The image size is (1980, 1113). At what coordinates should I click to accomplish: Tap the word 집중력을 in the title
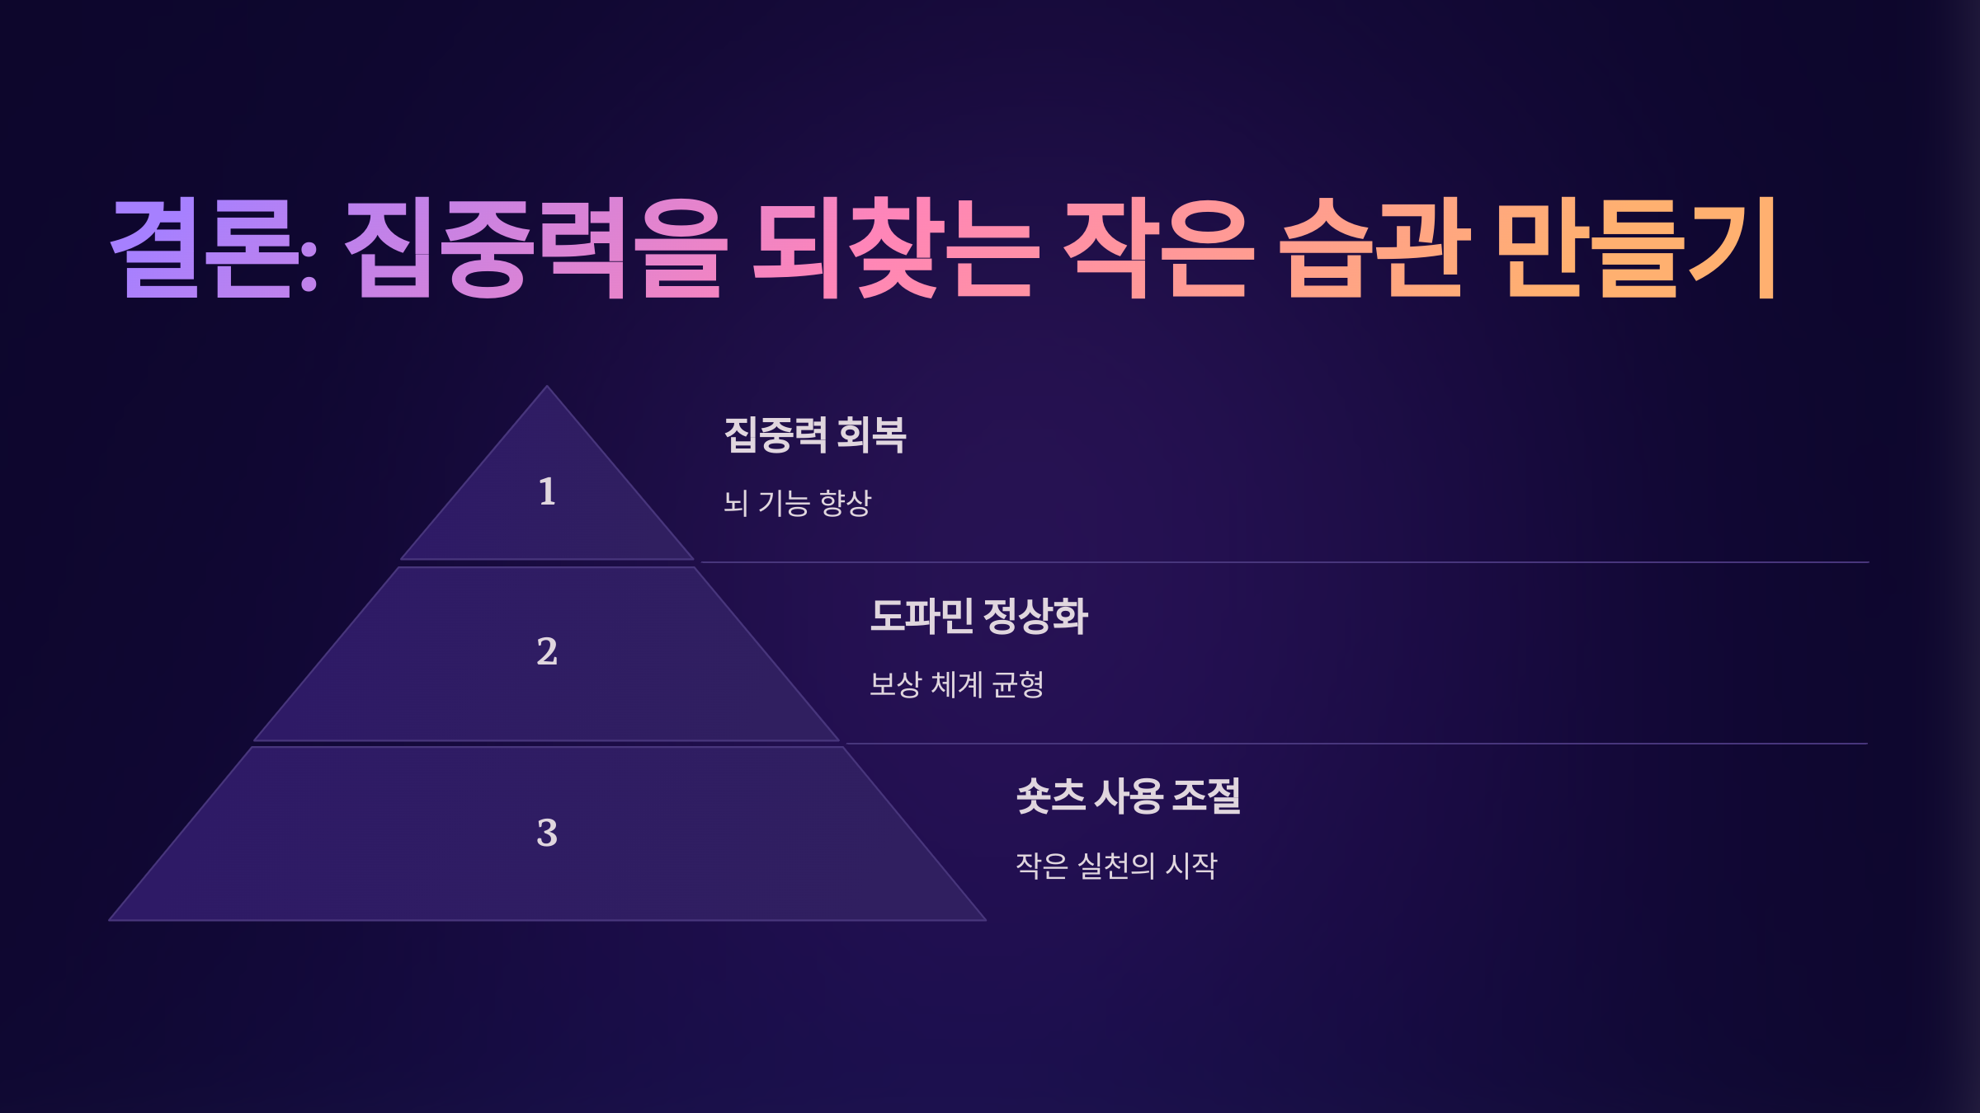[x=536, y=248]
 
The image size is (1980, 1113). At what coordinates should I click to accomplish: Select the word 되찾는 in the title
[x=894, y=248]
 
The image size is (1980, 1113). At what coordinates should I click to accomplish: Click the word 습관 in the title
[x=1374, y=248]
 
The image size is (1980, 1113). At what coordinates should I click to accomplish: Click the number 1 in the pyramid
[x=547, y=492]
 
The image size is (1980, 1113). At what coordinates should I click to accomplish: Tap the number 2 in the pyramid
[x=547, y=652]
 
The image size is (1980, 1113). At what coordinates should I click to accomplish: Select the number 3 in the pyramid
[x=547, y=833]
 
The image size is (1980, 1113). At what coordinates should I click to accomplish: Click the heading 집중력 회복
[x=815, y=435]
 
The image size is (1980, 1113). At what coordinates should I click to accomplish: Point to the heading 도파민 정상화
[x=979, y=616]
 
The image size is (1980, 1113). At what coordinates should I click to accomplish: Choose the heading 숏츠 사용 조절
[x=1128, y=796]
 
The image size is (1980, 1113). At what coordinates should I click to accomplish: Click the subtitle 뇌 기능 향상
[x=797, y=503]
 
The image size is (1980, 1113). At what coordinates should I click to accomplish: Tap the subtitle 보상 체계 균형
[x=957, y=684]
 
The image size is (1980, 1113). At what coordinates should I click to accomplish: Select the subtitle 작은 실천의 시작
[x=1116, y=866]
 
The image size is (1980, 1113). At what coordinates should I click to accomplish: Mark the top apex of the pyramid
[x=547, y=387]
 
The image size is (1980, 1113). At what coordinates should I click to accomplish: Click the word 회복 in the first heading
[x=871, y=435]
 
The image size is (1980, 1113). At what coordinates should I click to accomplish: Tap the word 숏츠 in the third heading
[x=1050, y=796]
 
